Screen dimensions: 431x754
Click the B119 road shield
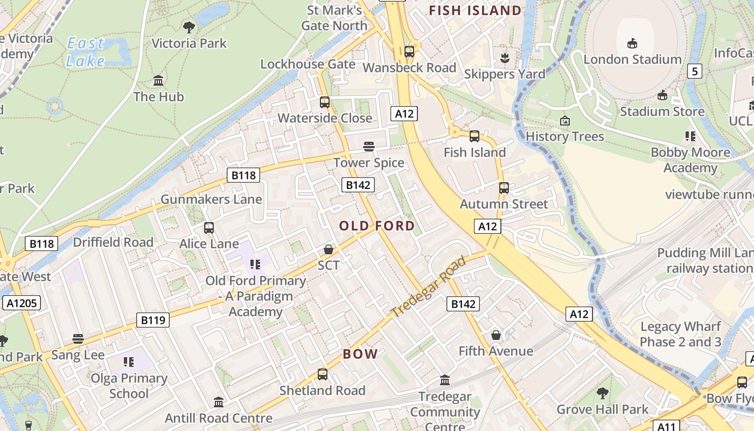click(153, 320)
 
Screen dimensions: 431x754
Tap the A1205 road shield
click(22, 303)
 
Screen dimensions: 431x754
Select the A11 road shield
click(666, 427)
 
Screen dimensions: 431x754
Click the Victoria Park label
click(189, 43)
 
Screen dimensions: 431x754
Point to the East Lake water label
click(86, 52)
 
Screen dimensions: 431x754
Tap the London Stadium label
click(632, 59)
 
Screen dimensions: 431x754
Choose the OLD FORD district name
click(377, 226)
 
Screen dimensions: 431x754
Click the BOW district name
click(360, 354)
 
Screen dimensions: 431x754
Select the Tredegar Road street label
click(428, 287)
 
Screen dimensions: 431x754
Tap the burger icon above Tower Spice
click(369, 147)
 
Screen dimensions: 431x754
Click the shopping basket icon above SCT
click(329, 249)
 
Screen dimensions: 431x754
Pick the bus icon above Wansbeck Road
click(409, 52)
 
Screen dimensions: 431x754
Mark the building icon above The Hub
click(158, 81)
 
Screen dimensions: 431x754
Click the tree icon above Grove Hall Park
click(603, 393)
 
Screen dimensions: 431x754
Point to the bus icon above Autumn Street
click(504, 188)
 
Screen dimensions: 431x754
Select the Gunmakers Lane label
click(211, 199)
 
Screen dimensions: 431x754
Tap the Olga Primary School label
click(129, 386)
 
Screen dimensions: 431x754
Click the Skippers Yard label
click(505, 74)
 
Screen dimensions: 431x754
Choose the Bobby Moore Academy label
click(690, 160)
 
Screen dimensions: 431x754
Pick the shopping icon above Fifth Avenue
click(496, 336)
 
